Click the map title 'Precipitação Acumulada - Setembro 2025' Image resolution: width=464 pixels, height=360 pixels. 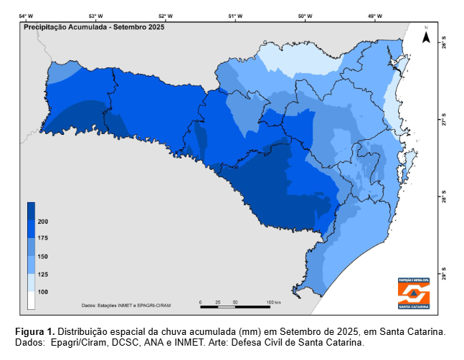pos(94,27)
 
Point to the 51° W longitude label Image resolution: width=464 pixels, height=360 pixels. pos(235,15)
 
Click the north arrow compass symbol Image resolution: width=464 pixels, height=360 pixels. pos(426,37)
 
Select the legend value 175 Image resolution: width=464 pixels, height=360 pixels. pos(43,238)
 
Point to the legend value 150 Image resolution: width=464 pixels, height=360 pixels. pos(43,256)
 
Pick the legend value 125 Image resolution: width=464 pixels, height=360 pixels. pos(43,274)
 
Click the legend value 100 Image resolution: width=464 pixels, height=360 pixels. pos(43,292)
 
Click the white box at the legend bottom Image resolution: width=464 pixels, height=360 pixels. pos(32,300)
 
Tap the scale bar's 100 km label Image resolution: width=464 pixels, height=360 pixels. pos(273,302)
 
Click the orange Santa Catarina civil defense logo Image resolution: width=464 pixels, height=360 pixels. pos(415,293)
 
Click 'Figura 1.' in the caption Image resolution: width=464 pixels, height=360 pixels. pos(34,332)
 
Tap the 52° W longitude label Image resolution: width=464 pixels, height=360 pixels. pos(164,15)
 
